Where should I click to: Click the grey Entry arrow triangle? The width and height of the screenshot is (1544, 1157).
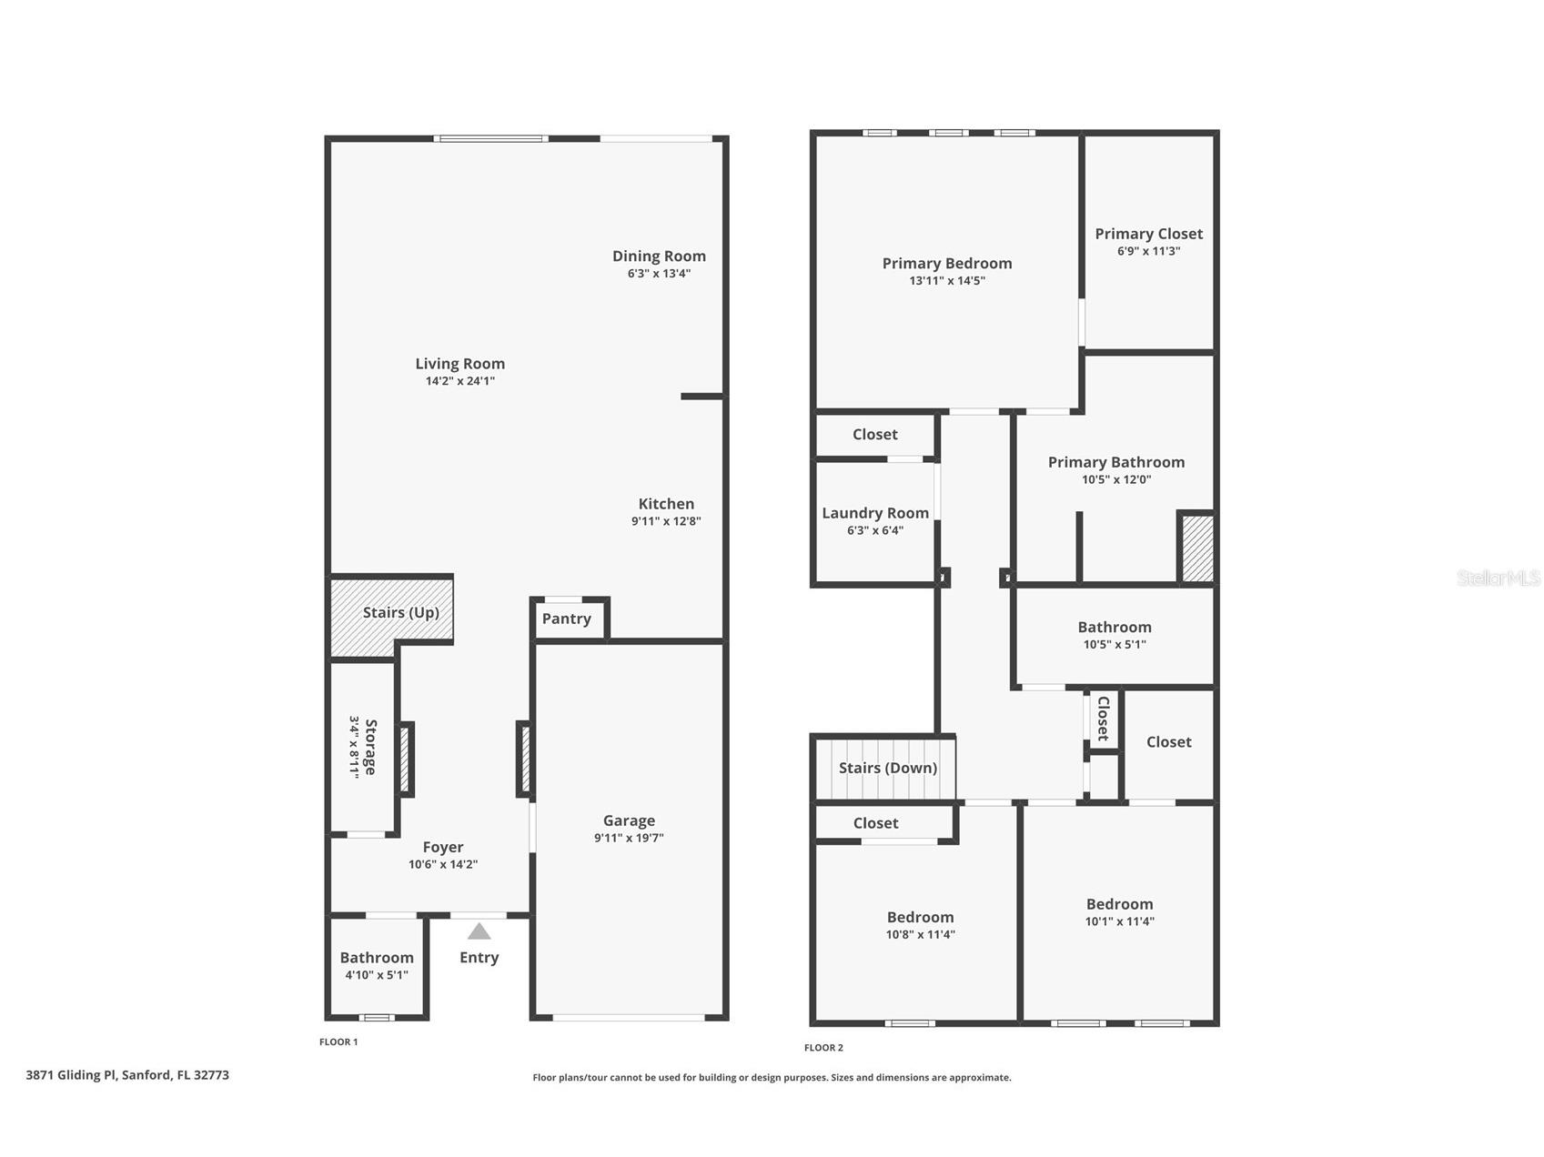[x=479, y=931]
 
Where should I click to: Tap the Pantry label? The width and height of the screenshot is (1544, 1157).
[x=567, y=619]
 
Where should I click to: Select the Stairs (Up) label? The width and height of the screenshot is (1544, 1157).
[x=401, y=612]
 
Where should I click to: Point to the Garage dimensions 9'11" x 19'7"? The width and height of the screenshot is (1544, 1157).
[x=629, y=838]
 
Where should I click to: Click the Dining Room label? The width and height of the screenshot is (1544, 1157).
[x=659, y=257]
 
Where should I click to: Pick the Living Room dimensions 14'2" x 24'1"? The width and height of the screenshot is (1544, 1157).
[x=460, y=381]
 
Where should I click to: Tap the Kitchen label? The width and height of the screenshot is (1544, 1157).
[x=666, y=504]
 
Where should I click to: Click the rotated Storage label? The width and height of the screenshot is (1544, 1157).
[x=370, y=747]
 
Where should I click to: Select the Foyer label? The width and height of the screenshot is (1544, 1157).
[x=443, y=847]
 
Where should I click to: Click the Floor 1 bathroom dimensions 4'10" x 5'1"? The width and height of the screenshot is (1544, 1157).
[x=377, y=975]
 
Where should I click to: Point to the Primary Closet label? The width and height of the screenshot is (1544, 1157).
[x=1149, y=234]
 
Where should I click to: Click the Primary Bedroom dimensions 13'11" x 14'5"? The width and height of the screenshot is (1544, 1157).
[x=947, y=281]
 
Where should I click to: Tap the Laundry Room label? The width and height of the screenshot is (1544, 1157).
[x=875, y=513]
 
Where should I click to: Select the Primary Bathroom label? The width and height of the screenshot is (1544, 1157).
[x=1116, y=462]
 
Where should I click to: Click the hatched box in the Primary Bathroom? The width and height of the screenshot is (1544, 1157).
[x=1197, y=548]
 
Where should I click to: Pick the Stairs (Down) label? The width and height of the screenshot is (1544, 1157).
[x=888, y=768]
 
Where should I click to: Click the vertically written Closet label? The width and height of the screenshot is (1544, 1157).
[x=1104, y=718]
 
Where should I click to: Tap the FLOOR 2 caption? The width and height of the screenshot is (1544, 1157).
[x=823, y=1048]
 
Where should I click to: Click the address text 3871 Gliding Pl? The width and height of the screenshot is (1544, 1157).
[x=71, y=1075]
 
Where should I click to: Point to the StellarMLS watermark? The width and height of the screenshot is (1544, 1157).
[x=1499, y=578]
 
